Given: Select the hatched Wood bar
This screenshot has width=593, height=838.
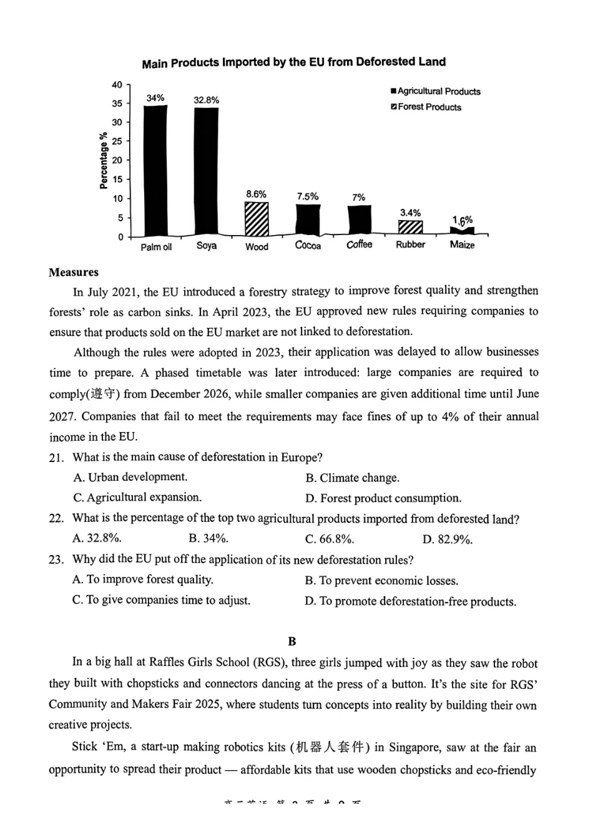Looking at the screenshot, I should [x=256, y=219].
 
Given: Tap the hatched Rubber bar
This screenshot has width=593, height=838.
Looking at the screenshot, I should [x=410, y=228].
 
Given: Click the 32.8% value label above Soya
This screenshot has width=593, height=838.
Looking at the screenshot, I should [x=206, y=100].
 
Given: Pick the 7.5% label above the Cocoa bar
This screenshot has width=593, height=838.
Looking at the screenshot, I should [x=307, y=196].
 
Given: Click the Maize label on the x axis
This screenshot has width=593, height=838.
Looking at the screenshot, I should [x=462, y=245].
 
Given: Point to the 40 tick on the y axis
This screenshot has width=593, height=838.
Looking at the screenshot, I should [x=117, y=85].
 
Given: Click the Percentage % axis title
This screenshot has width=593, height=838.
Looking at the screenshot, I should [x=104, y=160].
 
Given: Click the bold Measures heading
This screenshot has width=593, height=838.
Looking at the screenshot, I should [x=74, y=272].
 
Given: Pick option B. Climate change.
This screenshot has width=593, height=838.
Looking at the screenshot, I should [x=352, y=478].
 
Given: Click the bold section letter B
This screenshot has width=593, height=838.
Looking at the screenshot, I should [x=292, y=641].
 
